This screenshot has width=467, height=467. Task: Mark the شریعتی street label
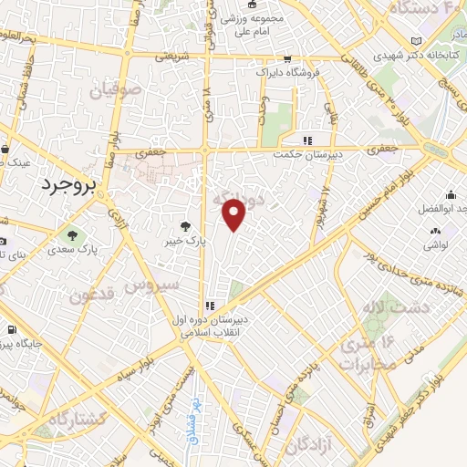[171, 56]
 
